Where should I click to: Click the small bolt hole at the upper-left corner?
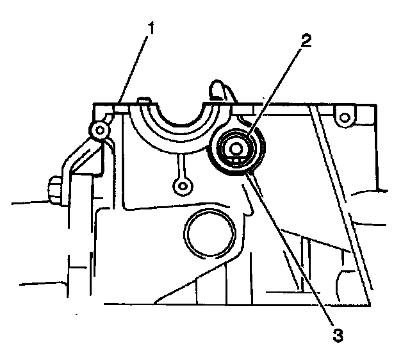[99, 131]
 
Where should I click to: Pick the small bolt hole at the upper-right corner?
[344, 117]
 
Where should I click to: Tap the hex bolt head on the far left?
[54, 190]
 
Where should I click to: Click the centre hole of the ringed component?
[235, 149]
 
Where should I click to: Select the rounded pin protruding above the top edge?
[218, 90]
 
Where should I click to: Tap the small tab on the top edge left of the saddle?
[145, 99]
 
